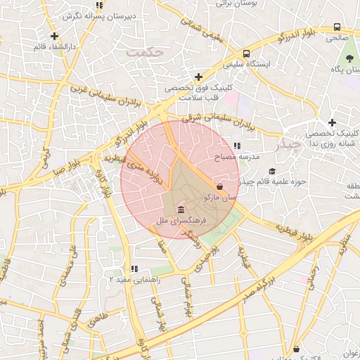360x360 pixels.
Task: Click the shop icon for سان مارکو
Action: [221, 187]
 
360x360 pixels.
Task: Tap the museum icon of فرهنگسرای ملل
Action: [181, 210]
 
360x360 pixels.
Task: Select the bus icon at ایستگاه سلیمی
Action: [246, 53]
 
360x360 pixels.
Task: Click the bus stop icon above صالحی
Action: [336, 28]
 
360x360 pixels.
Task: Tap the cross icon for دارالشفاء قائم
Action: [55, 36]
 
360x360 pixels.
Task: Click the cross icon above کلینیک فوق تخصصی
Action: [198, 77]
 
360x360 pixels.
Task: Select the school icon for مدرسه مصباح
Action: [236, 146]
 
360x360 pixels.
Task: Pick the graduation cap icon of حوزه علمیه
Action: [271, 171]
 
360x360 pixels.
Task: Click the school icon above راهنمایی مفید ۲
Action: [134, 268]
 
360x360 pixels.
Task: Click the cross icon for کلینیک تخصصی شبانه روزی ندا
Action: [332, 122]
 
